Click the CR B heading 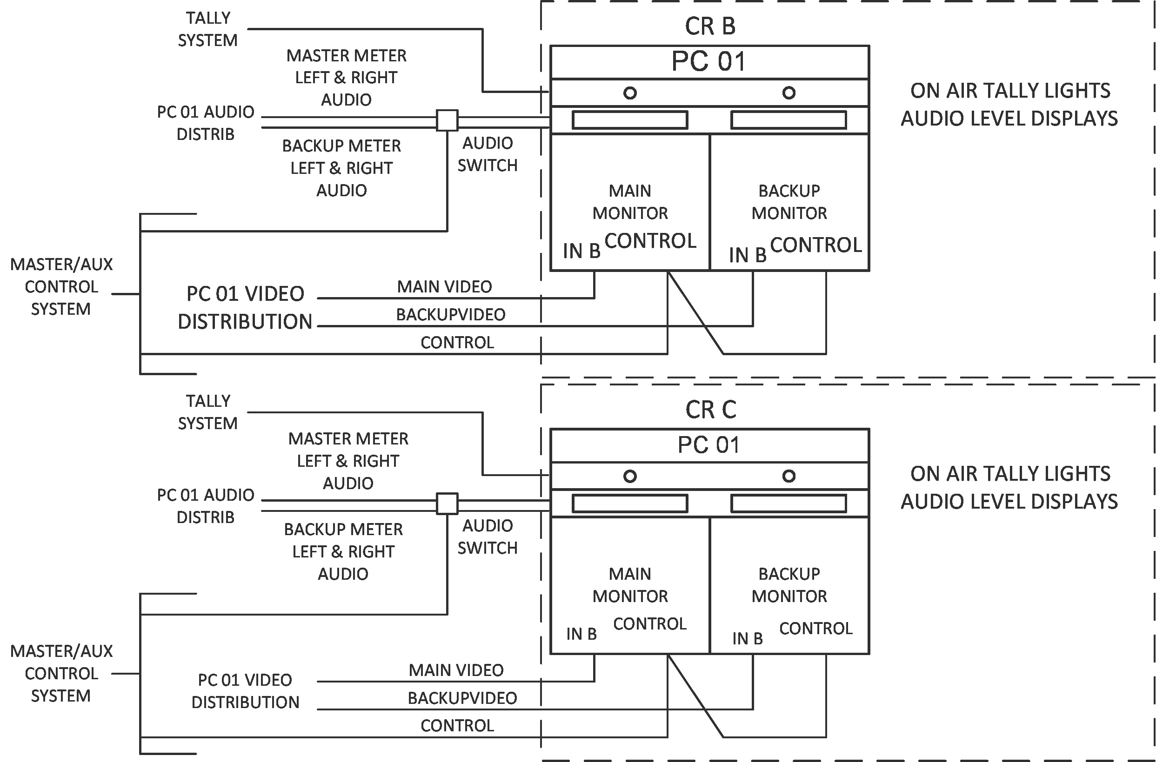(x=710, y=26)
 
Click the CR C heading (x=710, y=410)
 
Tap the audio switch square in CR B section (x=447, y=120)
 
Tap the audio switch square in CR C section (x=447, y=504)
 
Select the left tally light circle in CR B (x=630, y=93)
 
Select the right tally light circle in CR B (x=788, y=93)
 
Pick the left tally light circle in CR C (x=630, y=476)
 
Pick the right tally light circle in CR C (x=788, y=476)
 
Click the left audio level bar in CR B (x=630, y=120)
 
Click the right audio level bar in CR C (x=788, y=504)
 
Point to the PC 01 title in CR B (x=709, y=62)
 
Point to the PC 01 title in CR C (x=709, y=445)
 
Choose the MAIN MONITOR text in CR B (x=630, y=202)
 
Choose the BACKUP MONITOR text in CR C (x=789, y=585)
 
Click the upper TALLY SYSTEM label (x=207, y=29)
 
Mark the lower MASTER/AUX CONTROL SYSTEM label (x=61, y=674)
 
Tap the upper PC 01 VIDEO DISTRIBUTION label (x=245, y=308)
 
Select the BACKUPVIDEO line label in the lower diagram (x=462, y=698)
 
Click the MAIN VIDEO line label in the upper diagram (x=444, y=287)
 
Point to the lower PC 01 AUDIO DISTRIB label (x=205, y=506)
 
